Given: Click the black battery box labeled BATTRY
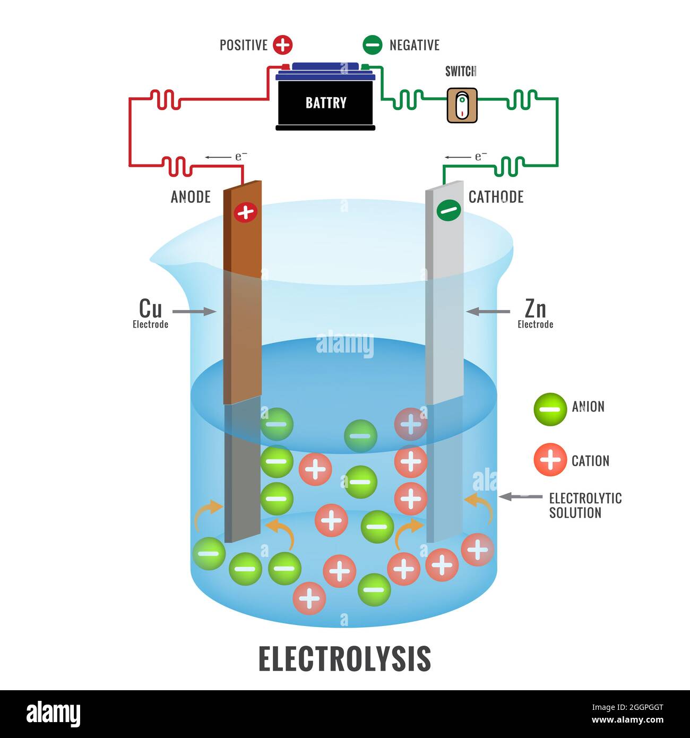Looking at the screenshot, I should pos(325,102).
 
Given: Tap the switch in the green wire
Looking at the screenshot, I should pos(462,106).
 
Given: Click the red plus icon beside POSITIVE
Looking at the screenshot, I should pos(282,45).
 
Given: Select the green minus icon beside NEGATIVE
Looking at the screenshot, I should pos(372,45).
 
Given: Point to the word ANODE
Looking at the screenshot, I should pos(191,197).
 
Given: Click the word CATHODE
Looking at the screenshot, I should pos(496,197).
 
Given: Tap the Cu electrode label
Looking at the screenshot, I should pos(150,313).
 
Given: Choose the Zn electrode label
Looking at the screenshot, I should pos(535,313).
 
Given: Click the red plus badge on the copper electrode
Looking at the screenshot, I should pos(245,212).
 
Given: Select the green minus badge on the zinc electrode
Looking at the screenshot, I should pos(448,210).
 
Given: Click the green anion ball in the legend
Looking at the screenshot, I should pos(550,409).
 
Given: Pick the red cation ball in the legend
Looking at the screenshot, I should pos(550,459).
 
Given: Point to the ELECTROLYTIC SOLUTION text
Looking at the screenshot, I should pos(585,505).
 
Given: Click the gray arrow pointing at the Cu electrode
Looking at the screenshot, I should pos(194,312).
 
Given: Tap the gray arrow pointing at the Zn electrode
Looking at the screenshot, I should pos(488,312).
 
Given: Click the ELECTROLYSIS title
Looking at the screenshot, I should pos(344,659).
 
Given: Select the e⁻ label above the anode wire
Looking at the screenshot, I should pos(241,157).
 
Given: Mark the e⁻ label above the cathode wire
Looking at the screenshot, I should pos(480,157).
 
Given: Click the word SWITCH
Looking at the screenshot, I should pos(460,71).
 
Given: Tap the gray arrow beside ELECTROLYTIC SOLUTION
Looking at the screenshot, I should pos(520,497).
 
